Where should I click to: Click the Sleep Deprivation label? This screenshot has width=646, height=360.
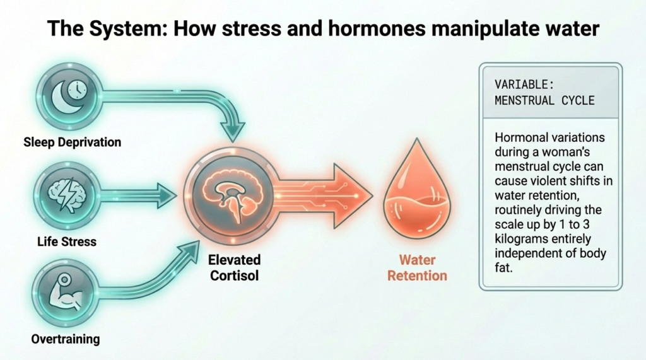(x=72, y=141)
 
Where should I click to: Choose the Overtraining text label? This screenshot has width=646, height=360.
(x=66, y=339)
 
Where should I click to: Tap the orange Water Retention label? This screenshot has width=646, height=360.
(x=417, y=267)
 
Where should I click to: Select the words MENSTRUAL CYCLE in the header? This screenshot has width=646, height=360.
(x=544, y=100)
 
